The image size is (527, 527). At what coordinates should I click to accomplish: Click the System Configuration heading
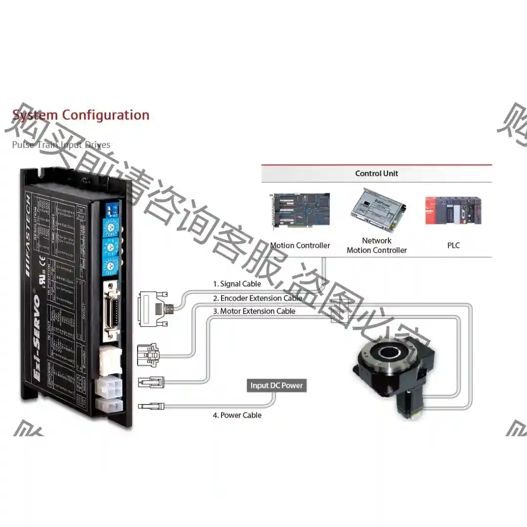pos(81,115)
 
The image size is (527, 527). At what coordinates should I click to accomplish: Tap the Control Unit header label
pos(376,173)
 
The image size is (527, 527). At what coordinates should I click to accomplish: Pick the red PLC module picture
pos(453,210)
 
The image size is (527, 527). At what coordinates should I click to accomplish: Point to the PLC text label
pos(453,245)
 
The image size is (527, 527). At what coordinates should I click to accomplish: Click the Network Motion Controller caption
pos(376,245)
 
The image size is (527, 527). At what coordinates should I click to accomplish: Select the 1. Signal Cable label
pos(237,284)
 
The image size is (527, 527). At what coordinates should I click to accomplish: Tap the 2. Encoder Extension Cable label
pos(257,298)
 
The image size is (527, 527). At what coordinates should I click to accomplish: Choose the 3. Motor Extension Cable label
pos(254,311)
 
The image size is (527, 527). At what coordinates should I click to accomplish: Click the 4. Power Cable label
pos(237,415)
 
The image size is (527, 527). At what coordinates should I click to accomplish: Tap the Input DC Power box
pos(276,385)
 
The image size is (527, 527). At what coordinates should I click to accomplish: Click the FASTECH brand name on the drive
pos(29,234)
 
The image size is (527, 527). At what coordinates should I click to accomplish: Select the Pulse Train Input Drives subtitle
pos(61,145)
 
